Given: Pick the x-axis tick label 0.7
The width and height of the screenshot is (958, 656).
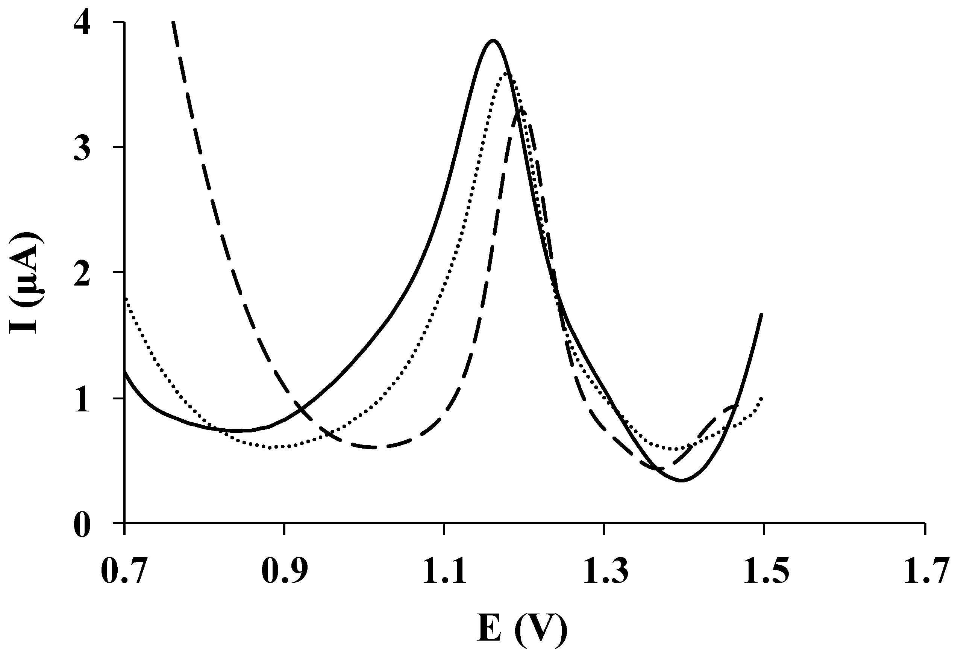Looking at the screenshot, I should [x=124, y=571].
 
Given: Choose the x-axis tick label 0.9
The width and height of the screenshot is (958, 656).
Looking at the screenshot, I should [x=284, y=571].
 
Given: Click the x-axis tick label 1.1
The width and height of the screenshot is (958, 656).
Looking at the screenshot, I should [x=444, y=571].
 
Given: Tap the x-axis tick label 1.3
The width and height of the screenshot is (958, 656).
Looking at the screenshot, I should [x=604, y=571].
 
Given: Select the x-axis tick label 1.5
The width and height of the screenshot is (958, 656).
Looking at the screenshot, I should [x=764, y=571].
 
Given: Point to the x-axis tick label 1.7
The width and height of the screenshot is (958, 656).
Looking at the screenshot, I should [x=925, y=571].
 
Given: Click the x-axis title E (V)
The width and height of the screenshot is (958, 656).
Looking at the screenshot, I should [x=522, y=630].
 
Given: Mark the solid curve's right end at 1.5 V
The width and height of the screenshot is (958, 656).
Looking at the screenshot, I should [x=761, y=314].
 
